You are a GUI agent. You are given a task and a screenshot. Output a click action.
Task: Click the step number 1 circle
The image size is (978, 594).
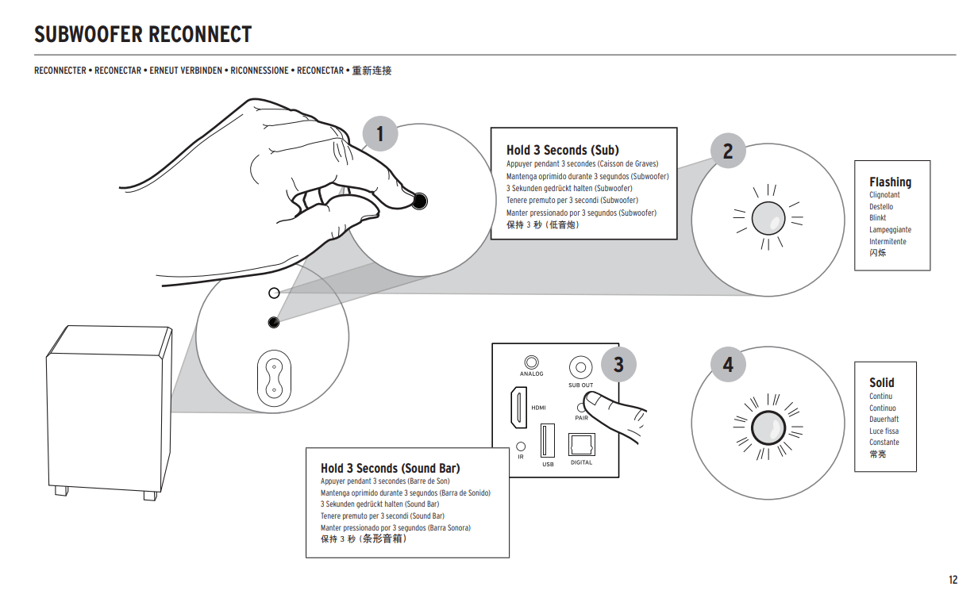(x=379, y=134)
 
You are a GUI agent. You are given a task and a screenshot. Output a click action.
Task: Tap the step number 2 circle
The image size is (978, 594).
(x=728, y=151)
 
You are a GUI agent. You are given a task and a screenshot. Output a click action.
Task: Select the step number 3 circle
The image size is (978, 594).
(x=618, y=364)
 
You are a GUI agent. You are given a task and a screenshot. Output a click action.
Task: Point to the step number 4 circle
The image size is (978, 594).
(x=728, y=365)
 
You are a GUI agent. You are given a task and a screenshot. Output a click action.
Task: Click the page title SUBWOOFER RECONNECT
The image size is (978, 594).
(x=143, y=35)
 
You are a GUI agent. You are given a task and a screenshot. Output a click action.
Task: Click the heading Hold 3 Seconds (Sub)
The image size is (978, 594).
(x=562, y=150)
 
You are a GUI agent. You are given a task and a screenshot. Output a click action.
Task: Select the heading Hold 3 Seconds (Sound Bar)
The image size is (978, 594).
(x=390, y=468)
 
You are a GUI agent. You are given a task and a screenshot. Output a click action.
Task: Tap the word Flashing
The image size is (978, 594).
(x=890, y=182)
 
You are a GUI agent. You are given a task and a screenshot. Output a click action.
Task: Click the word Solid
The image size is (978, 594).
(x=881, y=382)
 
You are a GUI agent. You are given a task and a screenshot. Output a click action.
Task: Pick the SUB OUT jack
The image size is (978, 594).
(x=580, y=367)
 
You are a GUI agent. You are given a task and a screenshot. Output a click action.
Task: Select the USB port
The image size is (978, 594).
(x=547, y=439)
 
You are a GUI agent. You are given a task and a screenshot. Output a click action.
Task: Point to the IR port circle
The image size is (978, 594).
(x=521, y=446)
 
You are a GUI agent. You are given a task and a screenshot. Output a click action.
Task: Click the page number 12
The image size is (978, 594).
(x=953, y=579)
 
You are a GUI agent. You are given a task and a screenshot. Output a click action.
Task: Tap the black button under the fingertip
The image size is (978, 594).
(x=419, y=201)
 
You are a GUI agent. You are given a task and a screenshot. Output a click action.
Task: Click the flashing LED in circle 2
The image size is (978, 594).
(x=768, y=217)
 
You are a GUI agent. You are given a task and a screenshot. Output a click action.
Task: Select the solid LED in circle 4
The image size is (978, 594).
(x=768, y=428)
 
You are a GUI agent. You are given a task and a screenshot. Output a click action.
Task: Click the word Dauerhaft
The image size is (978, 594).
(x=884, y=419)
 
